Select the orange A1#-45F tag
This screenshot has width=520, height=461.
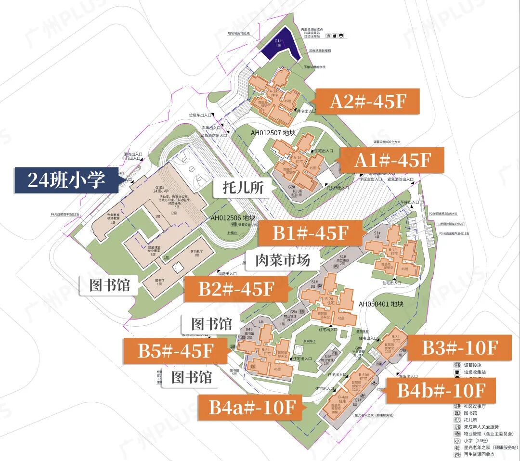pos(392,160)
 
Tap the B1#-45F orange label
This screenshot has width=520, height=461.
pos(310,233)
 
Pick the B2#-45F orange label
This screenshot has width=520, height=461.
pos(236,289)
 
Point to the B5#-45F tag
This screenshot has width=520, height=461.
pos(175,351)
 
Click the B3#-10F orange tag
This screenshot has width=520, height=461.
pos(459,347)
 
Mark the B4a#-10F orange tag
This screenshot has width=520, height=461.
pos(252,408)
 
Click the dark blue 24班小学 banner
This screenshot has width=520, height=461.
pos(66,180)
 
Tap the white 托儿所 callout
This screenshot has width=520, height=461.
pos(244,187)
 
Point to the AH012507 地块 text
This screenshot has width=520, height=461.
pos(273,132)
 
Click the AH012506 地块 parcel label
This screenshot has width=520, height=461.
pos(232,218)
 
